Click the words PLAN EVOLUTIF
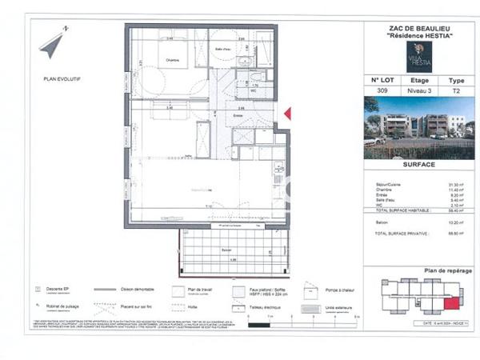pyautogui.click(x=62, y=78)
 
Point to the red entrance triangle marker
pyautogui.click(x=288, y=114)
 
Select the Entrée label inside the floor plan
pyautogui.click(x=238, y=116)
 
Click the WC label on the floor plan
pyautogui.click(x=252, y=90)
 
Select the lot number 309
pyautogui.click(x=382, y=92)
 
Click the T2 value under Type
pyautogui.click(x=456, y=92)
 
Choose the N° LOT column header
pyautogui.click(x=382, y=81)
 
